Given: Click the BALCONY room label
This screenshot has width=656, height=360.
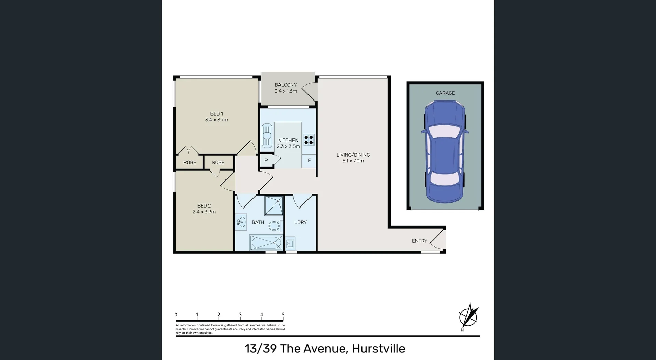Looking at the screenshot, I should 286,85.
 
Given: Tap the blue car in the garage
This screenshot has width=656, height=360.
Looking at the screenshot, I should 445,152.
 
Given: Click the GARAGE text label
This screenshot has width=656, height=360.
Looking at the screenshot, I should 445,93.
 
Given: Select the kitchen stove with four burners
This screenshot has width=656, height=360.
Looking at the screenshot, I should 309,140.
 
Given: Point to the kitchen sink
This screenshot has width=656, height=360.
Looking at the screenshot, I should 266,135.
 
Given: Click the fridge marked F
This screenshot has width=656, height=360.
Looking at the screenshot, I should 309,161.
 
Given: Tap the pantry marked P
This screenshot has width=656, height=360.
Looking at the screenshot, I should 266,161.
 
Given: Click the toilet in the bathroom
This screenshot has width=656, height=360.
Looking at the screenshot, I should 275,225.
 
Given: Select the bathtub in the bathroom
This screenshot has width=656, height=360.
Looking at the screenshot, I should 266,243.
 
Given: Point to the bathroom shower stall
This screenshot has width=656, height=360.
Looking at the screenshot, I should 274,206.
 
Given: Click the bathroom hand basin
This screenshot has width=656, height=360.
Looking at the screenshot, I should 241,222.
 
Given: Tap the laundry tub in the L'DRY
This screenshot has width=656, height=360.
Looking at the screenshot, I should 290,243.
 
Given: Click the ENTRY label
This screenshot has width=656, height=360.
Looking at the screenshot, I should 420,241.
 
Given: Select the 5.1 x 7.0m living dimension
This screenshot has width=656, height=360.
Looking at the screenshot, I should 353,161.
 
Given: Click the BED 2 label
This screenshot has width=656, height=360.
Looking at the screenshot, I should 204,206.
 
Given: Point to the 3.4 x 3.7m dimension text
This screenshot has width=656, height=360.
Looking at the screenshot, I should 217,120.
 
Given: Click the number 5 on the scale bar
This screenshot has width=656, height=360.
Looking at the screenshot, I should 283,315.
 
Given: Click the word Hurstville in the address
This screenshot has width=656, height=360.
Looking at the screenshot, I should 378,349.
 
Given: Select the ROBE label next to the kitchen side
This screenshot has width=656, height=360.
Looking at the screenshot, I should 218,163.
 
